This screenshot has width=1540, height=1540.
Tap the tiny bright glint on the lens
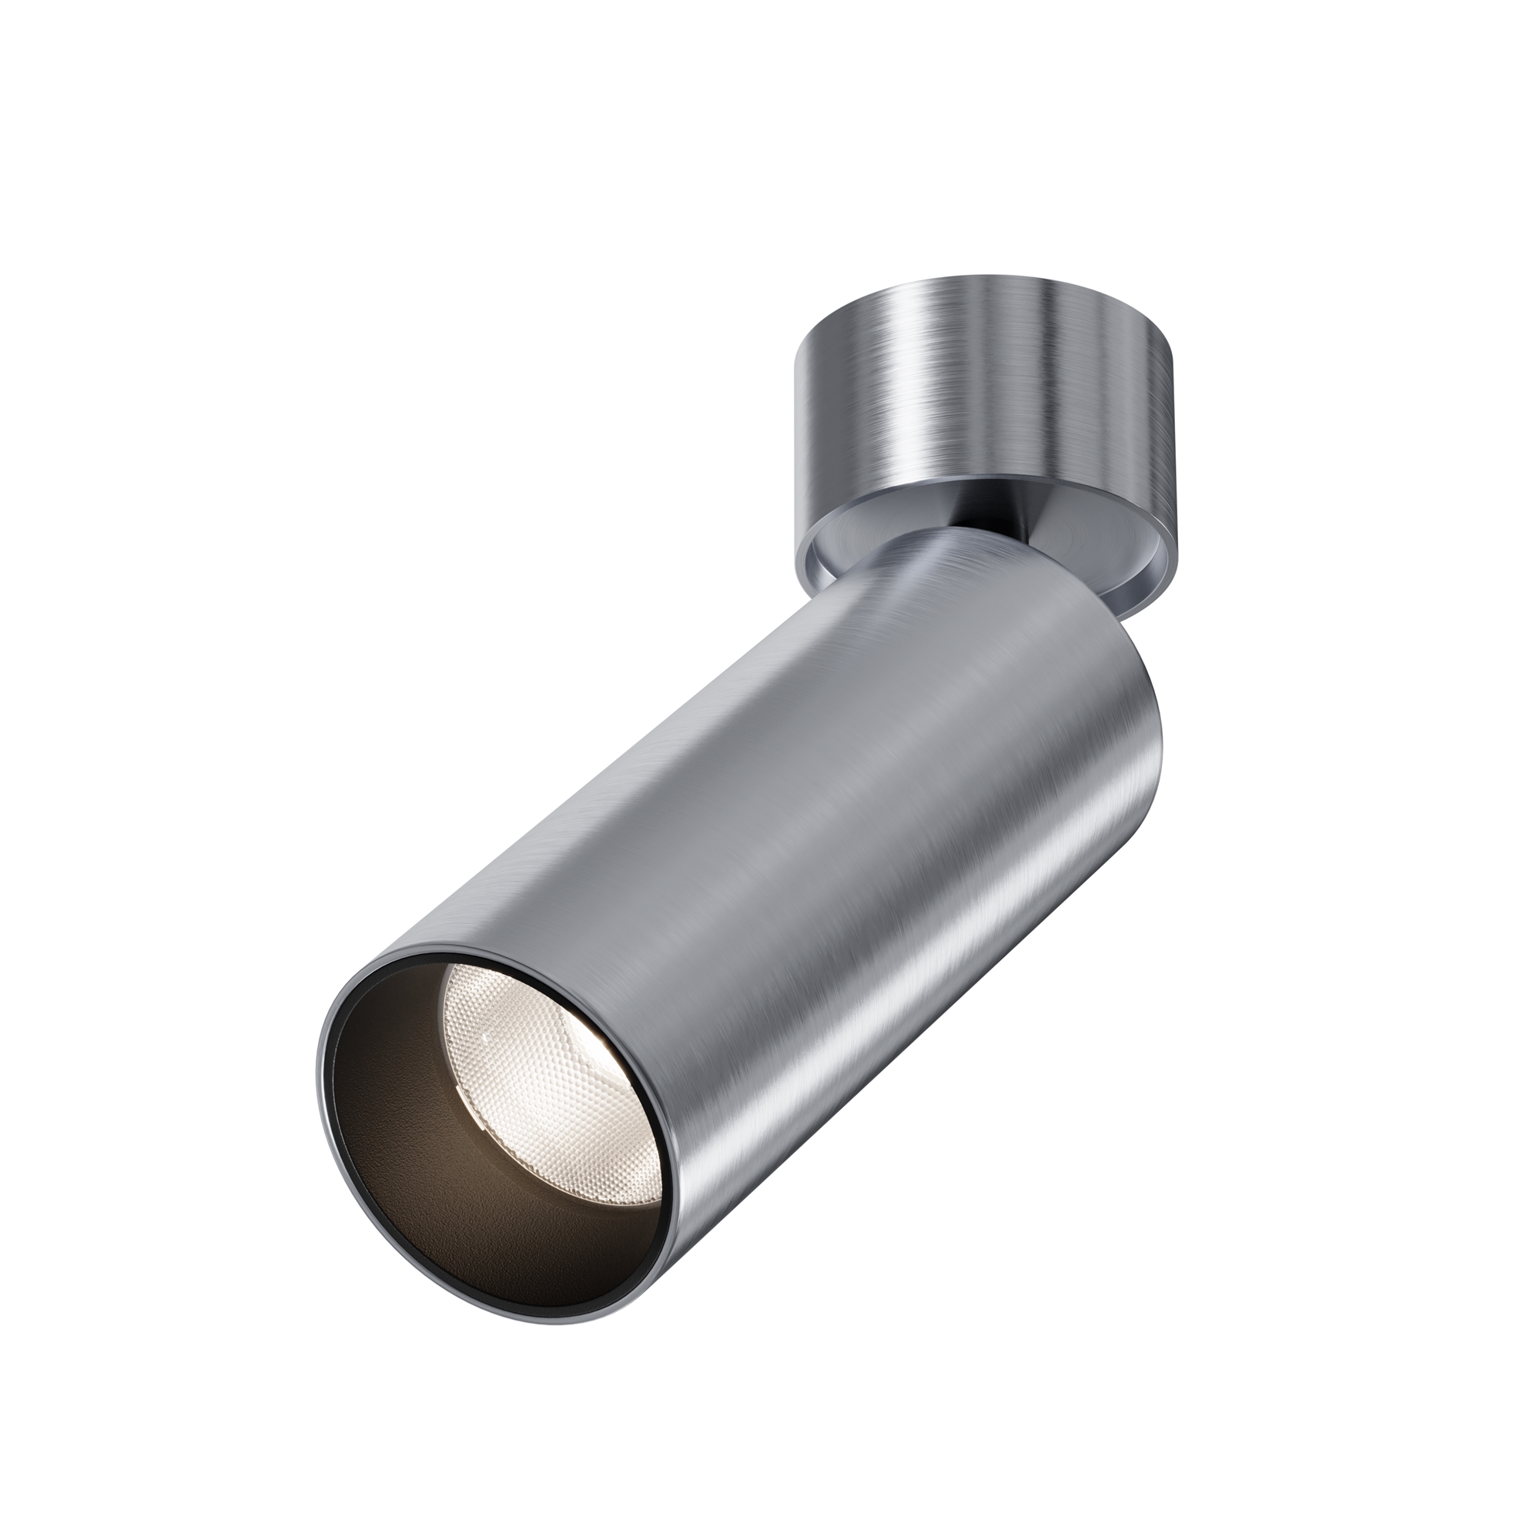click(484, 1036)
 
